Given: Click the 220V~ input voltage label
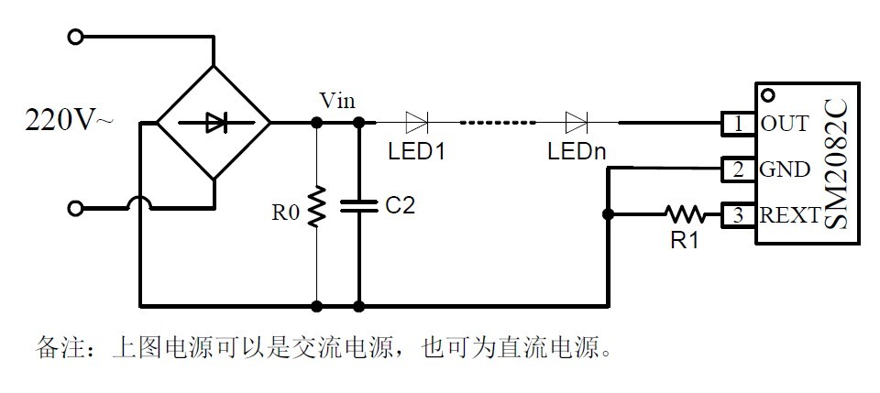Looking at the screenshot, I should (x=70, y=121).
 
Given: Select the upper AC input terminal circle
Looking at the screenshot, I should (x=76, y=37).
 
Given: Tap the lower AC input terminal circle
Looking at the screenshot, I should (x=76, y=209).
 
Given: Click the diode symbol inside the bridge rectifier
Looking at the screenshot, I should (x=214, y=121).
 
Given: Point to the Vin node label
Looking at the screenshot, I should (x=336, y=100).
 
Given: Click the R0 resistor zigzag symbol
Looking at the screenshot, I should (x=316, y=207).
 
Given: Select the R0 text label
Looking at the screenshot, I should (x=285, y=213).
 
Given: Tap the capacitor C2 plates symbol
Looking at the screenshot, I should (x=358, y=207).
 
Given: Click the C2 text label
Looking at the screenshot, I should (x=400, y=207).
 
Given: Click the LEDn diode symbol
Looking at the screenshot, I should (x=577, y=121).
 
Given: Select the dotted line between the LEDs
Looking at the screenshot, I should (x=497, y=121).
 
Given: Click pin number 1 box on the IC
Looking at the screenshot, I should (x=738, y=122).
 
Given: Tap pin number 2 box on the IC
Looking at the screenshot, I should (x=738, y=169).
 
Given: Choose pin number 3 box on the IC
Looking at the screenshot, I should (x=738, y=215).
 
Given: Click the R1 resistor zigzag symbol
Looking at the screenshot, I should (x=685, y=214).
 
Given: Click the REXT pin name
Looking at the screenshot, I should (x=789, y=216).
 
